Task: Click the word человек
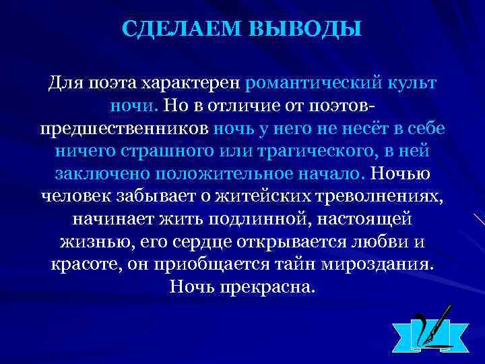pos(76,196)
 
